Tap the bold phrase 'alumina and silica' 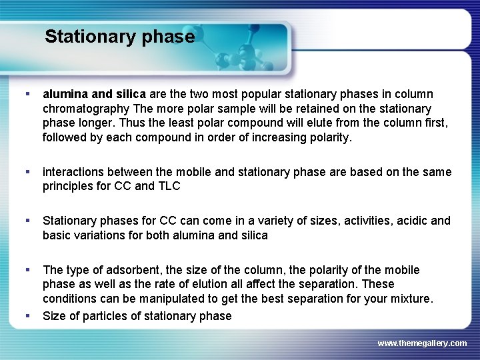click(x=94, y=95)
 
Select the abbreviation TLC click(x=168, y=186)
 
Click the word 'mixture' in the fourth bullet click(x=411, y=299)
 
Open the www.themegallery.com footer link click(x=422, y=343)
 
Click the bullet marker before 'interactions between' click(x=27, y=172)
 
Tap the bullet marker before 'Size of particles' click(x=27, y=315)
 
